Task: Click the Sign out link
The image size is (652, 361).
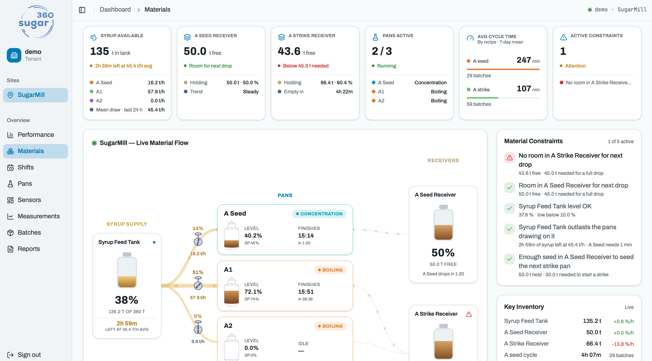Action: point(24,354)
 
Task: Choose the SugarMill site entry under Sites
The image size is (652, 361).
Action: point(35,95)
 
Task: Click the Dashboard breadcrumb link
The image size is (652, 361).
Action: point(115,10)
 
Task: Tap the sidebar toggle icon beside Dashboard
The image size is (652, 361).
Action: point(82,10)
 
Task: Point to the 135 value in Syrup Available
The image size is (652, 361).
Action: point(99,51)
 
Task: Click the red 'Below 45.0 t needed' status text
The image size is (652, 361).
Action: point(306,66)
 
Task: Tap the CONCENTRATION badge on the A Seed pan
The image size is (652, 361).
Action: point(319,214)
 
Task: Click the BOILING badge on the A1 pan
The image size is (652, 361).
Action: point(330,270)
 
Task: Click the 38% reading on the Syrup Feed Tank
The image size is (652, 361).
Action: point(127,300)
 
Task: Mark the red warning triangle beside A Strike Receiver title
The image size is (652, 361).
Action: point(469,314)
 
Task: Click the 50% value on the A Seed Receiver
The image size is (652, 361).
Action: point(443,253)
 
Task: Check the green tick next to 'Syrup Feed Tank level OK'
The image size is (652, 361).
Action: point(509,208)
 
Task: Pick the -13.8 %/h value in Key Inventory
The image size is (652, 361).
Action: point(623,344)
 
